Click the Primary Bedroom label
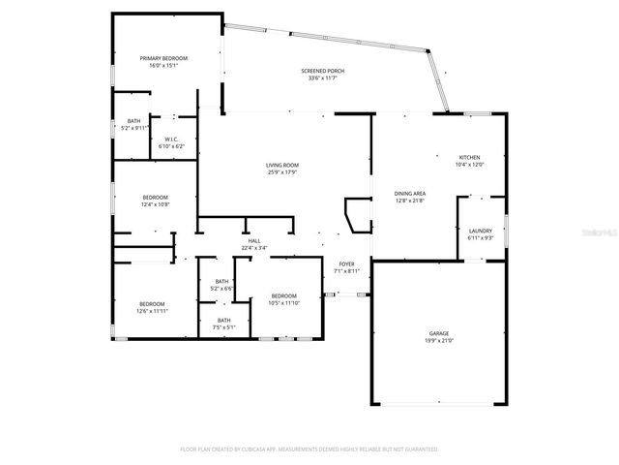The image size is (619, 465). click(163, 59)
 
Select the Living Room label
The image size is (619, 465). click(282, 166)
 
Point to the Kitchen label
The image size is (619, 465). click(470, 157)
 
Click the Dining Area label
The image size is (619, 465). click(411, 194)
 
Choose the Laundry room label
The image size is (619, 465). click(481, 231)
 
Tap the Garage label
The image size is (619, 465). click(440, 333)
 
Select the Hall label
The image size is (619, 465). click(254, 240)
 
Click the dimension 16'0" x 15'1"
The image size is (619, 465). click(163, 67)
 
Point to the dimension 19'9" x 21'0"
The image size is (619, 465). click(440, 341)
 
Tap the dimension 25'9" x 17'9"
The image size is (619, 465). click(282, 173)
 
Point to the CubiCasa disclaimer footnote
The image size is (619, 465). click(309, 449)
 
